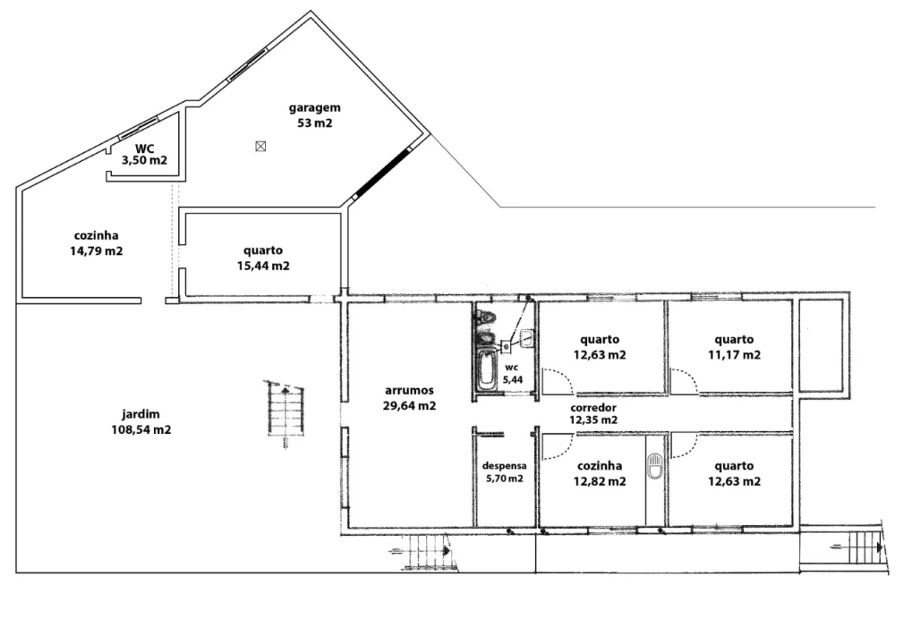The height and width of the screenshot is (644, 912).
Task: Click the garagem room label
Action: [315, 115]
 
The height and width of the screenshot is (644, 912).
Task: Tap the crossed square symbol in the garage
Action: [260, 147]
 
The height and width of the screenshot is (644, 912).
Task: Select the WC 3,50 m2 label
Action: [144, 155]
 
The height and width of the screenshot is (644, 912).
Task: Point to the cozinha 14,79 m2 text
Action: [97, 243]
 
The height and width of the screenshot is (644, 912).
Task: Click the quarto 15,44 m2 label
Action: [263, 258]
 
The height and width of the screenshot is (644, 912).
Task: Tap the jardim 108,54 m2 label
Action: [141, 422]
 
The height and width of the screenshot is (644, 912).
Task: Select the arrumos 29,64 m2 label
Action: [410, 398]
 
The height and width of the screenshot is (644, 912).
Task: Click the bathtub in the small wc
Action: [486, 369]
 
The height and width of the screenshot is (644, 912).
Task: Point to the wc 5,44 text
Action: [513, 374]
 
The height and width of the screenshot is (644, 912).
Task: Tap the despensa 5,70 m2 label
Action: [504, 472]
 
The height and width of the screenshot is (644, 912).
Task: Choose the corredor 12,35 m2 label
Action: [593, 414]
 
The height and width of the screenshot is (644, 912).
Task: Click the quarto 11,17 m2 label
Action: [734, 347]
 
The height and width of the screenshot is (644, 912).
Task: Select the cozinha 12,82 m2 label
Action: [600, 474]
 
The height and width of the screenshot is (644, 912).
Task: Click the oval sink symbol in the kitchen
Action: [655, 466]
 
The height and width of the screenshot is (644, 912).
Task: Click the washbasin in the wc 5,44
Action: [527, 338]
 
